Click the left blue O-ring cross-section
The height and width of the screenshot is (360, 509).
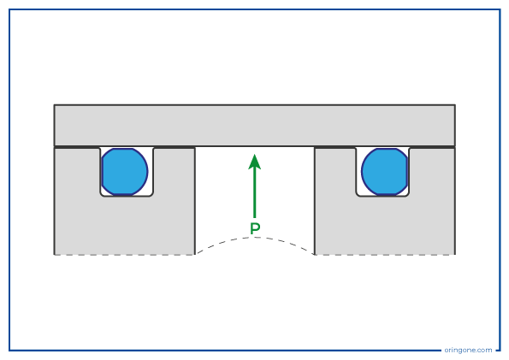pyautogui.click(x=125, y=172)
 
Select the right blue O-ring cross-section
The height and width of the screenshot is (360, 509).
pyautogui.click(x=385, y=172)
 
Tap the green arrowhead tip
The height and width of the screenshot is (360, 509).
pyautogui.click(x=255, y=154)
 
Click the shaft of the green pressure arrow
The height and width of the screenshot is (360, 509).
pyautogui.click(x=255, y=193)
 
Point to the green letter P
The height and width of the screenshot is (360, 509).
pyautogui.click(x=255, y=228)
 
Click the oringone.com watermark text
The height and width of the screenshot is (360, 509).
pyautogui.click(x=468, y=350)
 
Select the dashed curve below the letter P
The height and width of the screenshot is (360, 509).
pyautogui.click(x=255, y=238)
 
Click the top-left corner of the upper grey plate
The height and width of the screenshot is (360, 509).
pyautogui.click(x=54, y=105)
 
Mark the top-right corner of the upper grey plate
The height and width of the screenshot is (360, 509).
pyautogui.click(x=455, y=105)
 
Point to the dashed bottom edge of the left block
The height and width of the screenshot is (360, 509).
pyautogui.click(x=124, y=255)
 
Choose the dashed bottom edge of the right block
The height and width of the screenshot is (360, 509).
pyautogui.click(x=385, y=255)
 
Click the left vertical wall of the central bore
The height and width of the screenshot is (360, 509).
pyautogui.click(x=195, y=201)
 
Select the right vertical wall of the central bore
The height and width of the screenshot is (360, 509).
pyautogui.click(x=315, y=201)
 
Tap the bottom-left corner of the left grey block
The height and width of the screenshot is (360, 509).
pyautogui.click(x=54, y=255)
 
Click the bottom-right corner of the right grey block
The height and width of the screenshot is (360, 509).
pyautogui.click(x=455, y=255)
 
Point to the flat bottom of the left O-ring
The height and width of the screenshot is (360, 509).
pyautogui.click(x=123, y=195)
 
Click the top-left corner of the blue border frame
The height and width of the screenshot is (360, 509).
pyautogui.click(x=9, y=9)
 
